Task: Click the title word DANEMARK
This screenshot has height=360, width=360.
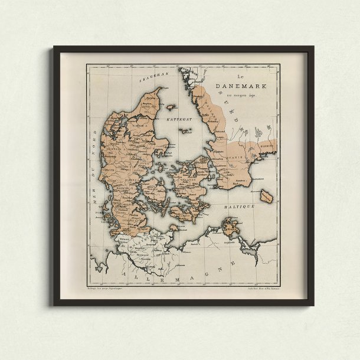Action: (241, 86)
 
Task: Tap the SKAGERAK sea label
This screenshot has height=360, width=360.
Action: (150, 77)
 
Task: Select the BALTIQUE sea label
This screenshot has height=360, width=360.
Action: (239, 207)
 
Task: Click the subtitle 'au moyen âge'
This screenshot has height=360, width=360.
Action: (243, 94)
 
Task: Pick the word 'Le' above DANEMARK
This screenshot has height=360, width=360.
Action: (240, 77)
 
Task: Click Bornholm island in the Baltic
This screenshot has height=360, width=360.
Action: (266, 197)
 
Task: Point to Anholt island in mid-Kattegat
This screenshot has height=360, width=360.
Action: (186, 131)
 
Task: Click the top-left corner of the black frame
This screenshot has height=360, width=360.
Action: (54, 47)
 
